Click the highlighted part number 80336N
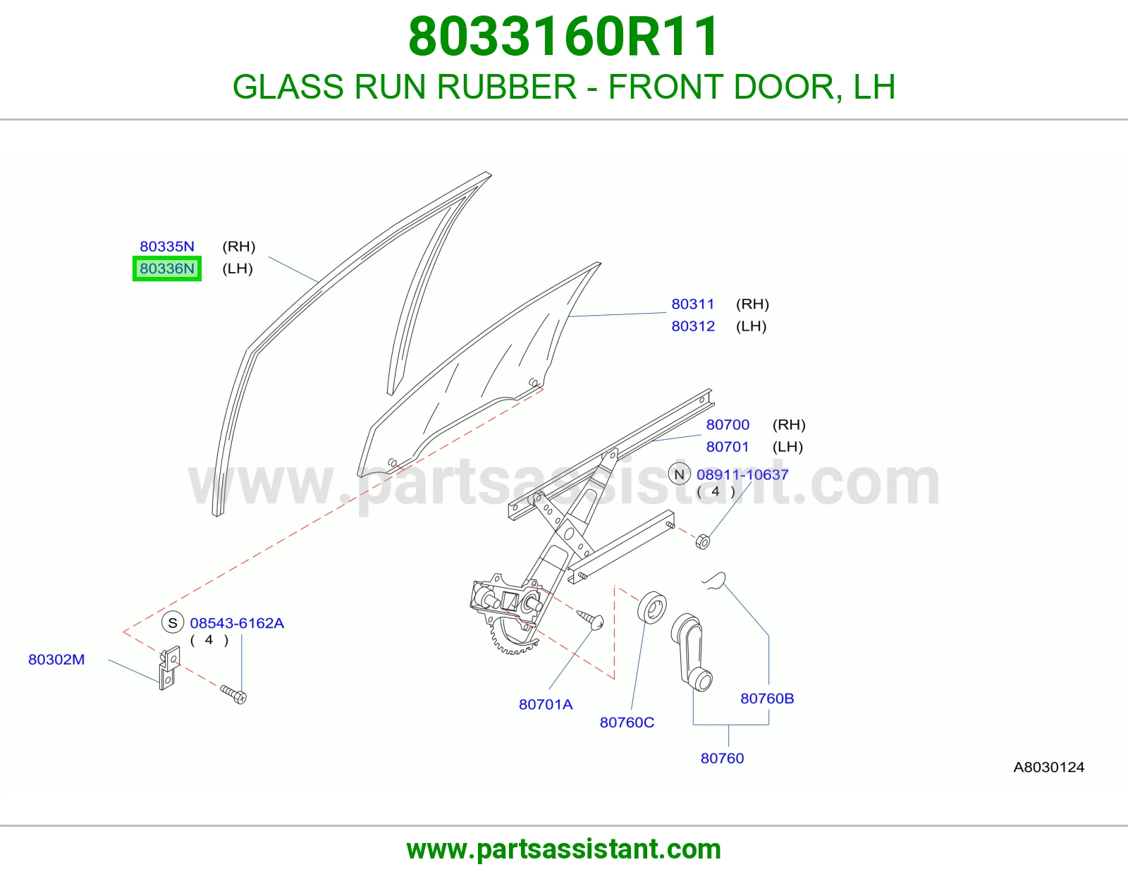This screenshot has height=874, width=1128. (x=166, y=269)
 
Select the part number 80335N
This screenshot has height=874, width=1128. (x=166, y=246)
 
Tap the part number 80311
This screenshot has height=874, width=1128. (x=692, y=304)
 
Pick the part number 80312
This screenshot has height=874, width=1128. (x=693, y=326)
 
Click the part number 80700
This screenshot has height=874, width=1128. (x=728, y=424)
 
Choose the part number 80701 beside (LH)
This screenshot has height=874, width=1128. (x=728, y=446)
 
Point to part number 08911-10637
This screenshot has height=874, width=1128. (x=742, y=474)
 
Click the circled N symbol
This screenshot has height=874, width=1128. (x=679, y=474)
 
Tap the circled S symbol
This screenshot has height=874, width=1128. (x=173, y=622)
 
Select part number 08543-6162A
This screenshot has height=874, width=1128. (x=237, y=623)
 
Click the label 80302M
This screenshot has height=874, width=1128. (x=56, y=659)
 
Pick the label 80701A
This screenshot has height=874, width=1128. (x=546, y=704)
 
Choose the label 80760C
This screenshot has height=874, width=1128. (x=627, y=722)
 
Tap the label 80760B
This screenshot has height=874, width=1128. (x=767, y=698)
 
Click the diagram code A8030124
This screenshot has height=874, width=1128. (x=1048, y=767)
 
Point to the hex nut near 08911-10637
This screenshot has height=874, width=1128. (x=701, y=541)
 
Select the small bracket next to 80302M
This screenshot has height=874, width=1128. (x=168, y=668)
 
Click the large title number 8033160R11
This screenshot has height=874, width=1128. (x=564, y=37)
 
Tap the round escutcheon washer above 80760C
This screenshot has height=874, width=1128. (x=651, y=606)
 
